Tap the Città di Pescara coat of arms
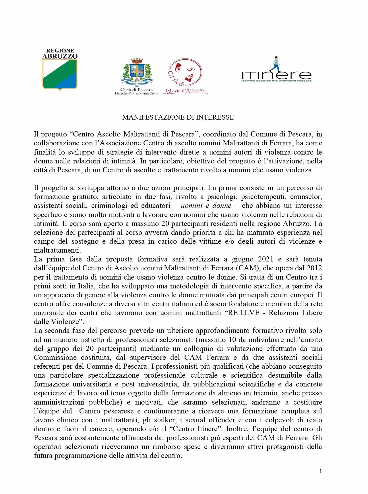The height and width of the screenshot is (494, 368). [136, 73]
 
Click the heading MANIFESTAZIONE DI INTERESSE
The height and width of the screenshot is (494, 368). [178, 117]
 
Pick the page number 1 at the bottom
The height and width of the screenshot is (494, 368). [321, 471]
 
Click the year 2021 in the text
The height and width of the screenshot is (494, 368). [266, 259]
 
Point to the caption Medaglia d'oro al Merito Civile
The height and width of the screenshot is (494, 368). [137, 93]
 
